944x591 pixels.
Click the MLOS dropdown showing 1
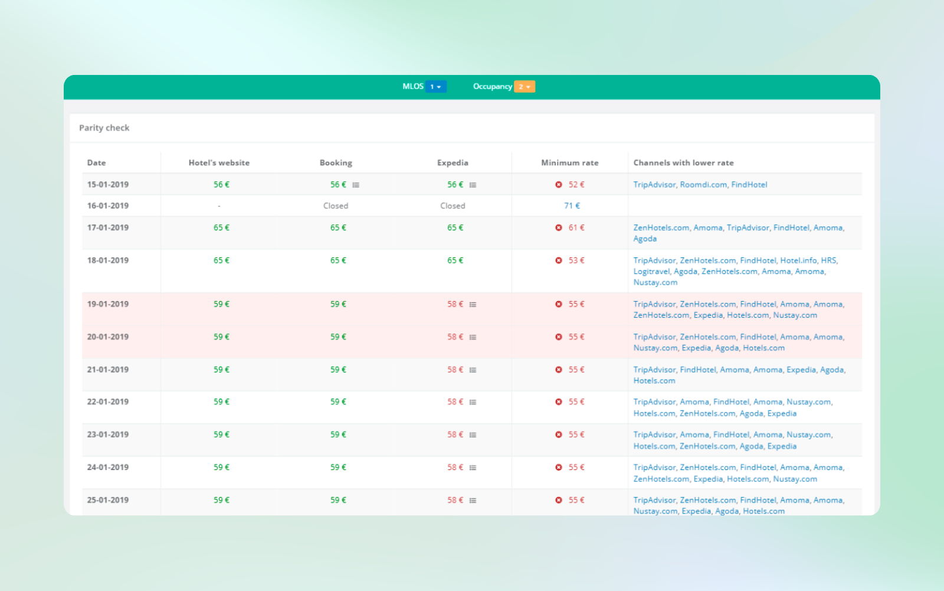(x=436, y=86)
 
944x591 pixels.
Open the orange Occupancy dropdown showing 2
(x=525, y=86)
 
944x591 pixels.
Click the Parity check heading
(x=104, y=128)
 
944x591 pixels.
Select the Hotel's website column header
(x=219, y=163)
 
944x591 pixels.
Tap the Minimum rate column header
(x=570, y=163)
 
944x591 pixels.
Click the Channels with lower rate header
(x=684, y=163)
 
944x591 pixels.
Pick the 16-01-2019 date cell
(x=108, y=206)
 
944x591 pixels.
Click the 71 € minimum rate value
(x=572, y=206)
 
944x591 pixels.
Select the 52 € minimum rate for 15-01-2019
(x=576, y=185)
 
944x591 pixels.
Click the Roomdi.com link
(x=703, y=185)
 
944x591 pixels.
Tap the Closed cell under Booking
(x=336, y=206)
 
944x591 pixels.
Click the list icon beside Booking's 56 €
(x=356, y=185)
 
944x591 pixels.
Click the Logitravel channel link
(x=651, y=271)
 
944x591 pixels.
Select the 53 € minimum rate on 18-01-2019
(x=576, y=260)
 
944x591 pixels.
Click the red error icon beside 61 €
(x=558, y=228)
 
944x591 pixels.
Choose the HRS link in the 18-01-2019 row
(x=828, y=260)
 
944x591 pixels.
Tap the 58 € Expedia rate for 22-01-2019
(x=455, y=402)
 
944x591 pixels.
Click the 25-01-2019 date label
(x=108, y=500)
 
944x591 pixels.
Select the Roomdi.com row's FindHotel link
(x=749, y=185)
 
